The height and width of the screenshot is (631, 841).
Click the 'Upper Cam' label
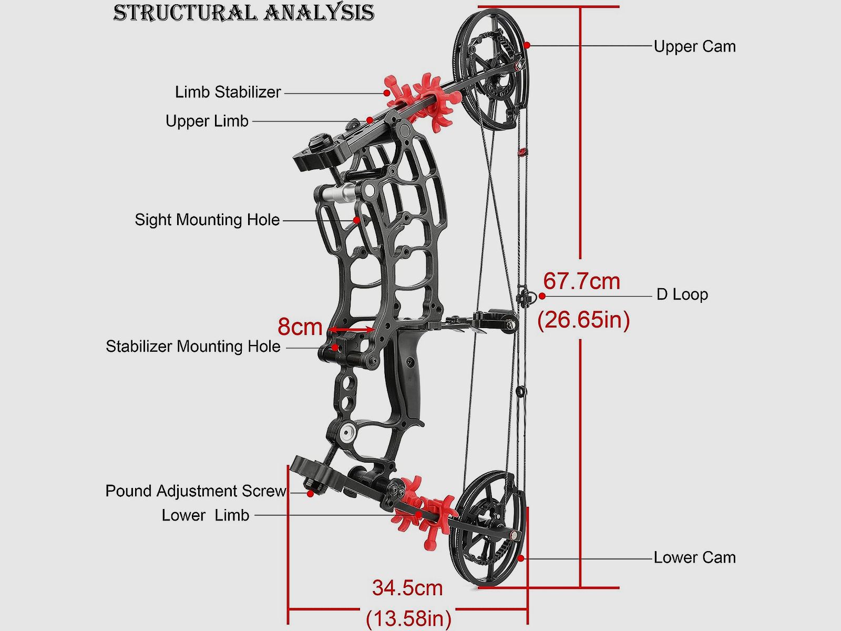click(x=694, y=46)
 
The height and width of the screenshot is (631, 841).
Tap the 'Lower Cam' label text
click(x=694, y=557)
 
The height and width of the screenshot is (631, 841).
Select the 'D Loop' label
click(x=682, y=294)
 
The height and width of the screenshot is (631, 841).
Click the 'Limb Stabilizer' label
click(x=228, y=92)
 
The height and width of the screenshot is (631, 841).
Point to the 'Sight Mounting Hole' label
click(x=207, y=220)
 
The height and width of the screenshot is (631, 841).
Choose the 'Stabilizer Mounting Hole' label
click(x=193, y=347)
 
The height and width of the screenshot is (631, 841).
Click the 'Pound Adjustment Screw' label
click(x=196, y=491)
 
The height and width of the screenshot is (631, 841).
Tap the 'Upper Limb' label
click(x=207, y=121)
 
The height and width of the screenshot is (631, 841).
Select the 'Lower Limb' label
click(x=206, y=515)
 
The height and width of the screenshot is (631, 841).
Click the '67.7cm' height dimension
click(x=581, y=281)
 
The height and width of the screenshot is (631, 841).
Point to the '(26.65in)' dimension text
click(x=583, y=319)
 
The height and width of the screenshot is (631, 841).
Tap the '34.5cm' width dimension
click(x=407, y=588)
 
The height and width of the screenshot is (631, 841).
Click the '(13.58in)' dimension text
click(x=408, y=618)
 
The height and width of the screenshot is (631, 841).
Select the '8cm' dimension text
click(x=300, y=327)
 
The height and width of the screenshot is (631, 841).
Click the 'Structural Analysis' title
click(x=243, y=13)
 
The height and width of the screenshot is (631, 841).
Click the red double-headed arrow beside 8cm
click(x=351, y=330)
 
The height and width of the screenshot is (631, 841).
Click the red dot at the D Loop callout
click(x=542, y=296)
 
